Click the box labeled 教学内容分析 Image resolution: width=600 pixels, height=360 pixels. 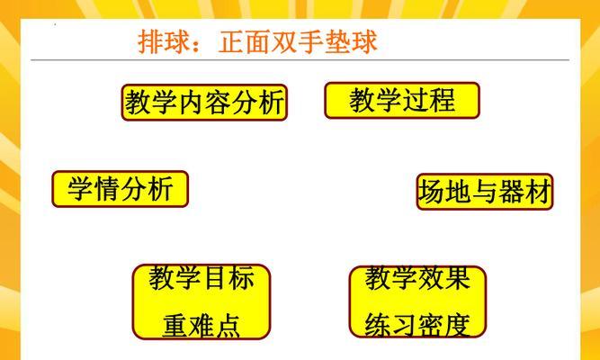pyautogui.click(x=204, y=103)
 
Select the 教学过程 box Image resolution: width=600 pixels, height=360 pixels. pyautogui.click(x=402, y=100)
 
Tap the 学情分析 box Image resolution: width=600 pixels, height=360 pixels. pyautogui.click(x=121, y=189)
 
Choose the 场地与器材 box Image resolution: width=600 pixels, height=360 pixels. pyautogui.click(x=485, y=192)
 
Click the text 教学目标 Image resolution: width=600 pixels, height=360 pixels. pyautogui.click(x=201, y=278)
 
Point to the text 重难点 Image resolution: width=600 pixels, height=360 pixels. pyautogui.click(x=201, y=326)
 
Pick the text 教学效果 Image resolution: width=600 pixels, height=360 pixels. pyautogui.click(x=417, y=278)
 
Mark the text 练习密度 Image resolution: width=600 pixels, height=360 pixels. pyautogui.click(x=417, y=326)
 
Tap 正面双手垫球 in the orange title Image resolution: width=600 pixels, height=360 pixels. pyautogui.click(x=298, y=41)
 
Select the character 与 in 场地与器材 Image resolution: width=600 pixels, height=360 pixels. pyautogui.click(x=485, y=192)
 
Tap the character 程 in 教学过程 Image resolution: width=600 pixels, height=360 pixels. pyautogui.click(x=442, y=100)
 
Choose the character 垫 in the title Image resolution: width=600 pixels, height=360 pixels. pyautogui.click(x=338, y=41)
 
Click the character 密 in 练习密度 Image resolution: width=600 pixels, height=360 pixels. pyautogui.click(x=430, y=326)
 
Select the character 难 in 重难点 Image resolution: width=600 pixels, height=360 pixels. pyautogui.click(x=201, y=326)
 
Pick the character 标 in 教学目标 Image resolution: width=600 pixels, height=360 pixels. pyautogui.click(x=241, y=278)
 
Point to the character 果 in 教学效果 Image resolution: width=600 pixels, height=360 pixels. pyautogui.click(x=457, y=278)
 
